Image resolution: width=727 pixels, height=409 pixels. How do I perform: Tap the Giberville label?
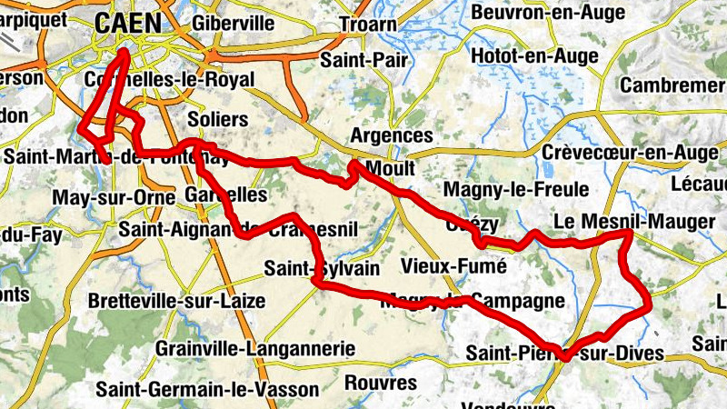(227, 22)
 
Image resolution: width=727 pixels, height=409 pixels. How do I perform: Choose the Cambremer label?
(672, 85)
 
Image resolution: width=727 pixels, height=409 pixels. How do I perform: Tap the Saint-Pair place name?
(360, 60)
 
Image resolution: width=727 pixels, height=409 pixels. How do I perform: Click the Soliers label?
(216, 119)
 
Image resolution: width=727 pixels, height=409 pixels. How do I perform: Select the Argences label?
(392, 135)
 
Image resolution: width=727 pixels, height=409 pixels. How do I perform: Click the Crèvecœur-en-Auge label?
(629, 152)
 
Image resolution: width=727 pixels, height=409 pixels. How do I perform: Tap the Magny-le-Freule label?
(515, 189)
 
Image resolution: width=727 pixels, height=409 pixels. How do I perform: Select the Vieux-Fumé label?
(453, 266)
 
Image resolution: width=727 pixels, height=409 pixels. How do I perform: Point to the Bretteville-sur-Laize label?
(177, 301)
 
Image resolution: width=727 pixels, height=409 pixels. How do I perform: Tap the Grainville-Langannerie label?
(254, 348)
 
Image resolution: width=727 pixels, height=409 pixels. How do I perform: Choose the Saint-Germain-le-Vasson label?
(208, 389)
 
